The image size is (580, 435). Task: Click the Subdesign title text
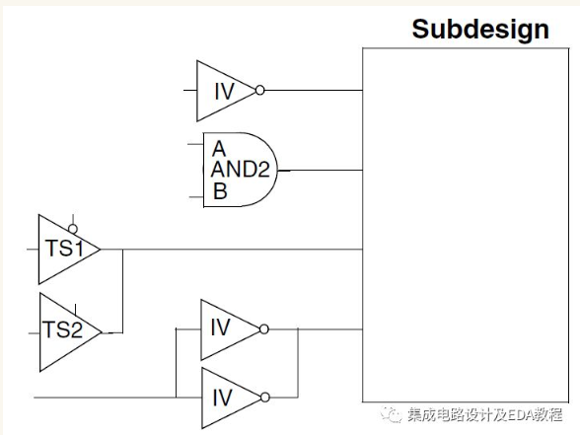pos(480,29)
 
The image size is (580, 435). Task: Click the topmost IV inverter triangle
pos(222,90)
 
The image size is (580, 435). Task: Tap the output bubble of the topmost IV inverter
pos(259,90)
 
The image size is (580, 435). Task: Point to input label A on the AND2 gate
pos(218,148)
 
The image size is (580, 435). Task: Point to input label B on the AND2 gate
pos(220,191)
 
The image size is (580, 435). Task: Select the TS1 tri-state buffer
pos(64,249)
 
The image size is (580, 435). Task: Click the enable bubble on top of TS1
pos(73,229)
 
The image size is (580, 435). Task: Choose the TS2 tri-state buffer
pos(64,330)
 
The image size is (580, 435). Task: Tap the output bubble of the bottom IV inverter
pos(264,398)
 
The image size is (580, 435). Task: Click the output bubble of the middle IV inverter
pos(264,327)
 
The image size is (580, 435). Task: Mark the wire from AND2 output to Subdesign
pos(321,170)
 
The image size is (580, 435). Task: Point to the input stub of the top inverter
pos(189,90)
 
